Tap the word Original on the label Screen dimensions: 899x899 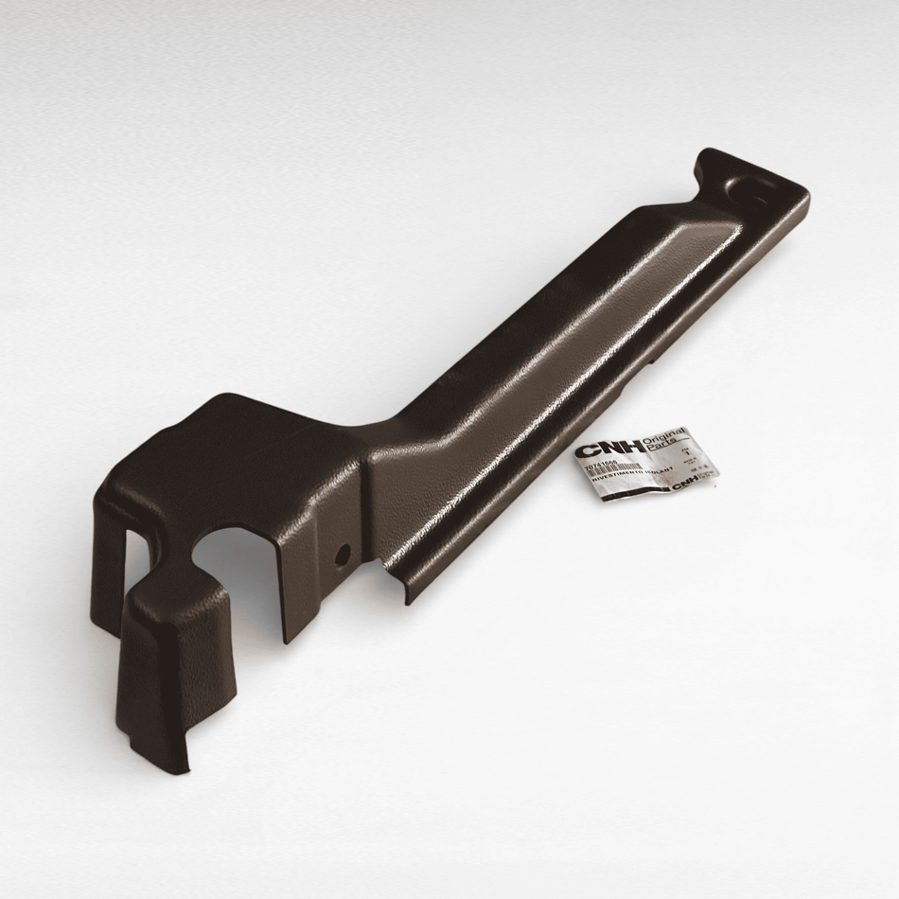pyautogui.click(x=663, y=437)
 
